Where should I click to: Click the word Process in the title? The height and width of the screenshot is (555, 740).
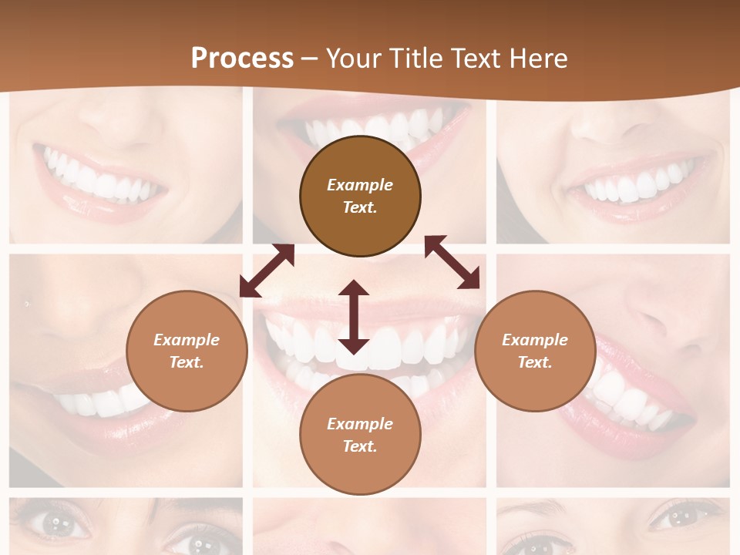point(242,59)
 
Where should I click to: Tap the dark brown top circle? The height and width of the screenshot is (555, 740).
point(360,196)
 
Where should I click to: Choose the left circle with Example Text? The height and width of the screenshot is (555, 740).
point(187,351)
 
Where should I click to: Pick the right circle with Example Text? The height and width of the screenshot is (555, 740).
point(535,351)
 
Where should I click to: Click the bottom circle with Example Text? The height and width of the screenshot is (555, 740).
point(360,435)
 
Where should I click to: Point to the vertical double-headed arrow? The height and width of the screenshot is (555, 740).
point(354,317)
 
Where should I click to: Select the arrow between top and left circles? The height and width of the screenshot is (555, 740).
point(267,271)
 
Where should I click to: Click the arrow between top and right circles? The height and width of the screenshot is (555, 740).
point(452,262)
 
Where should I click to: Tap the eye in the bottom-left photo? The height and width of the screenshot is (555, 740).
point(56,525)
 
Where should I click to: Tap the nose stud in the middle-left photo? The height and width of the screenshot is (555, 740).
point(28,304)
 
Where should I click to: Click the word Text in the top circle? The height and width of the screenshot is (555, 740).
point(360,207)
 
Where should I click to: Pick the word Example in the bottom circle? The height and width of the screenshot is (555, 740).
point(360,424)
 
